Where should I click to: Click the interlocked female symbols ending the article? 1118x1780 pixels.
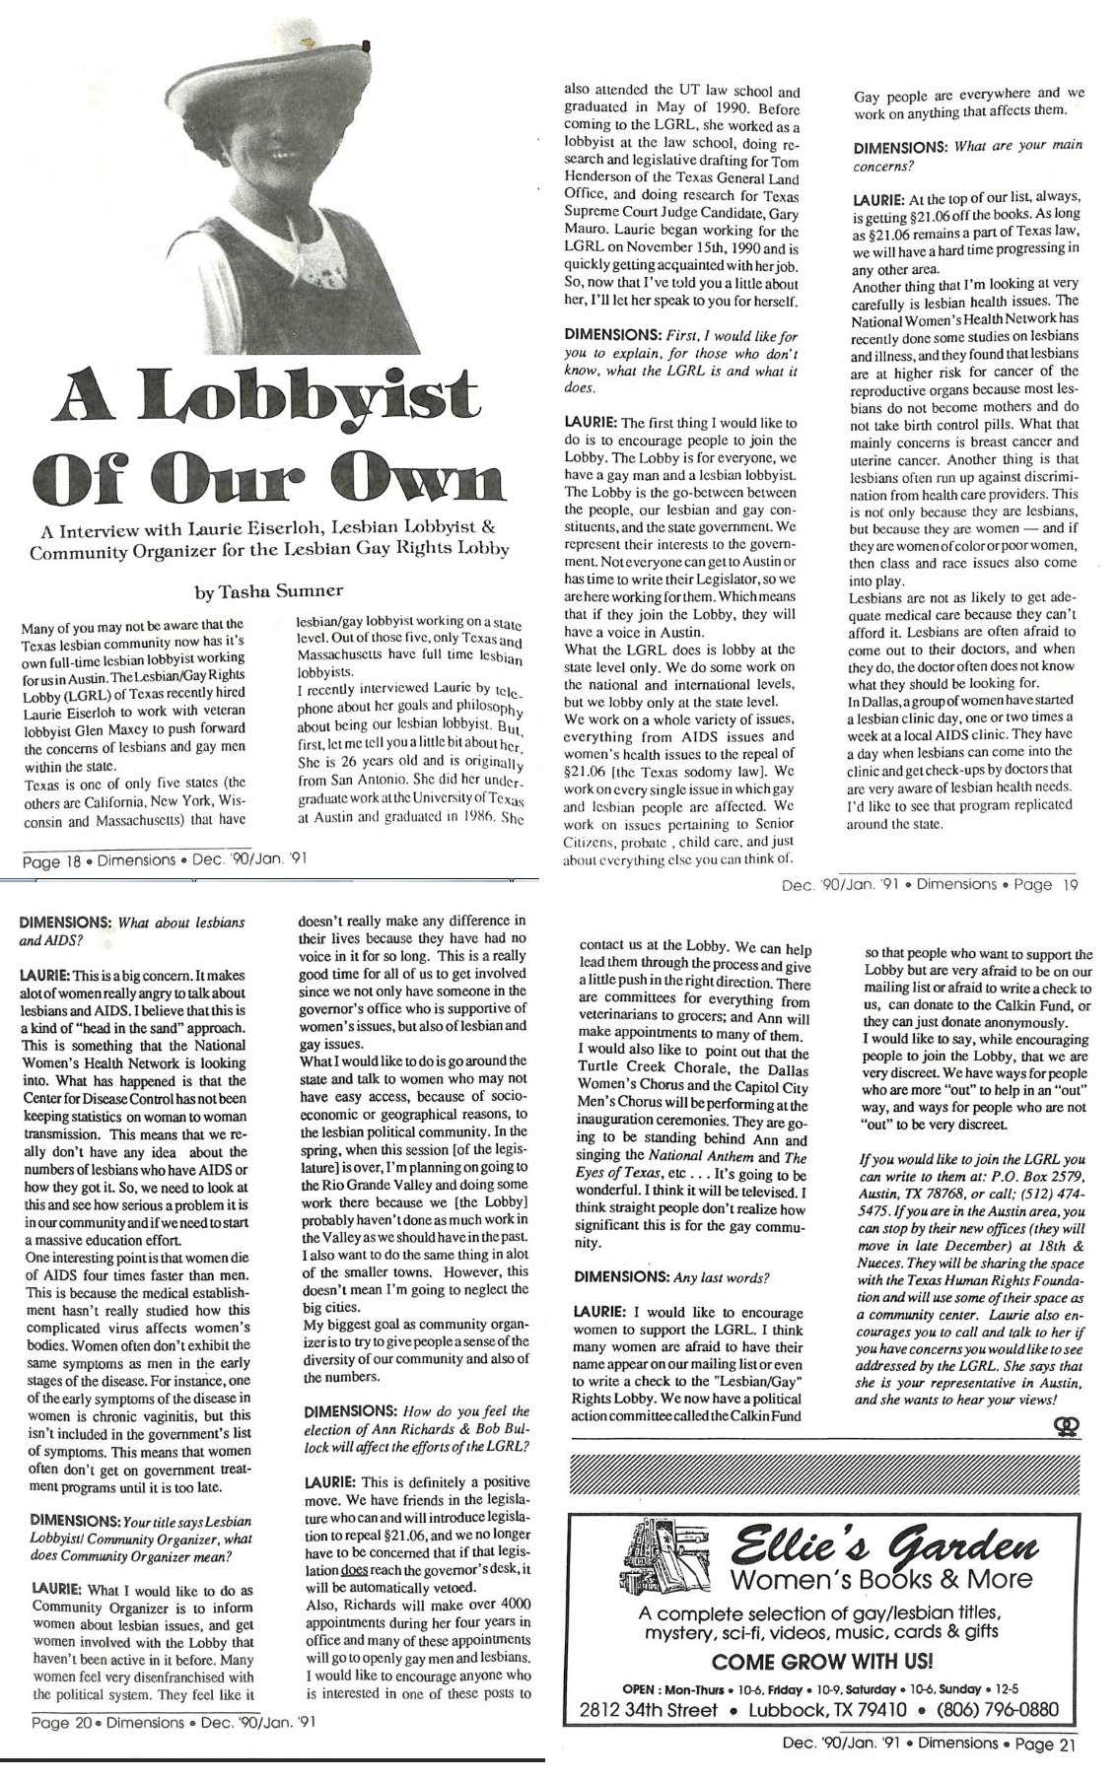1066,1425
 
